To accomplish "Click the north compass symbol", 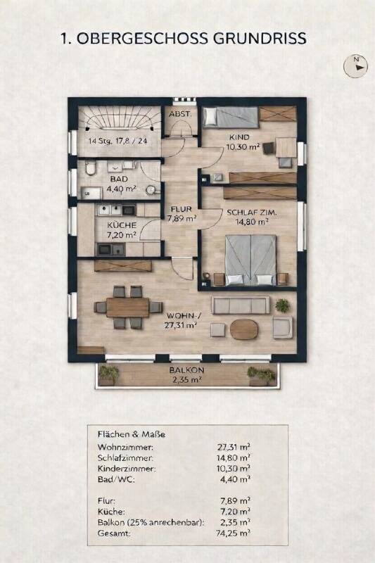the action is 355,66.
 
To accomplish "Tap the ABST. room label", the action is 180,115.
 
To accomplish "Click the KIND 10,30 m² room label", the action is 243,142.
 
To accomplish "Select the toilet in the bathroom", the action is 91,167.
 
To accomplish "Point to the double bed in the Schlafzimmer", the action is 251,260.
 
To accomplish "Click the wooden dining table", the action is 127,308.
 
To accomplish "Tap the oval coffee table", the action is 244,329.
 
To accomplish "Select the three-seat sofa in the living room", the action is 241,305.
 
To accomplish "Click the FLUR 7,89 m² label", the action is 182,213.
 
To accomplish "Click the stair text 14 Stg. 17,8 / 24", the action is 117,141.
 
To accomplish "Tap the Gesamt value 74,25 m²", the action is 234,533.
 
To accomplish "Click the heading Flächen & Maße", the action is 132,434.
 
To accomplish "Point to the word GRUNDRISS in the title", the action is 260,39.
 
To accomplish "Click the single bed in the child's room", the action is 230,117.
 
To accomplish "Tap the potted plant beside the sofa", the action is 282,305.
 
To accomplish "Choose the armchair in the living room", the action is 282,327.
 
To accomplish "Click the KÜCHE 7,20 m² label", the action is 122,230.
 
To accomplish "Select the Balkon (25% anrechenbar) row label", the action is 151,522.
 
